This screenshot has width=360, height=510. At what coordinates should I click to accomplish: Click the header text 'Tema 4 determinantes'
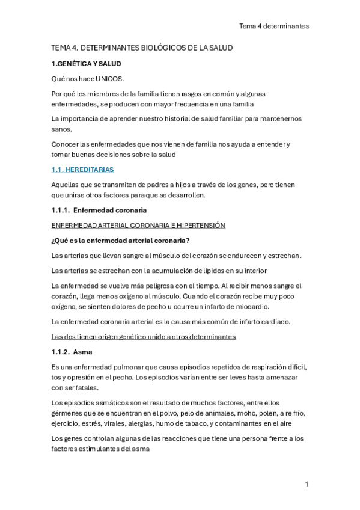click(273, 26)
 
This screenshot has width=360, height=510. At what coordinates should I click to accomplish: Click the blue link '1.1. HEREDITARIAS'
click(83, 170)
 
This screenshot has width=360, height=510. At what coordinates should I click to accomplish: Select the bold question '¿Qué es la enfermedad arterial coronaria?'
click(121, 241)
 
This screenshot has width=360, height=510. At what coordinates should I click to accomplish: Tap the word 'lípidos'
click(215, 271)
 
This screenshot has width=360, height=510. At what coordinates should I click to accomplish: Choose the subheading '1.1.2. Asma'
click(72, 352)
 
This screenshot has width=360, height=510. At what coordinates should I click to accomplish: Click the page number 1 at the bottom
click(307, 484)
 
